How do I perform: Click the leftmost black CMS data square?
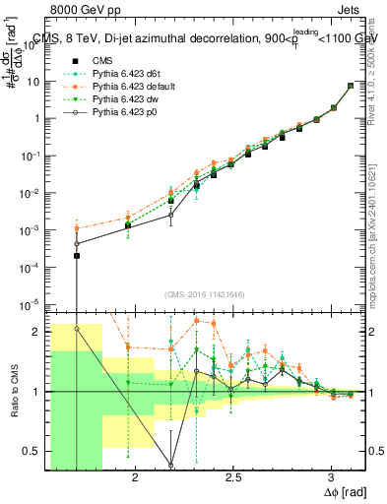[x=77, y=256]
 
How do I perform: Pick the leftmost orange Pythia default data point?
[x=77, y=228]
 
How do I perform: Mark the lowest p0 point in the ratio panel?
[x=171, y=465]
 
